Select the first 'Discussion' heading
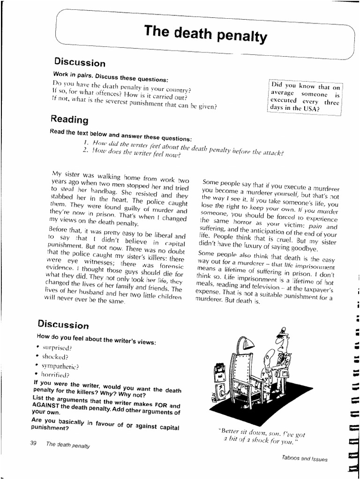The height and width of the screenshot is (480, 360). click(80, 62)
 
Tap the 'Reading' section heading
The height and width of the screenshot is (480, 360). click(69, 119)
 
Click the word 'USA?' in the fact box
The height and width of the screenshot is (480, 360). click(310, 109)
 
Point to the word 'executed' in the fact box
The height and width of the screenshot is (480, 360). click(284, 100)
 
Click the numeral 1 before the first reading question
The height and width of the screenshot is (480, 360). click(86, 142)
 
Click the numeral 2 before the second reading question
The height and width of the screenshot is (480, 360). click(85, 150)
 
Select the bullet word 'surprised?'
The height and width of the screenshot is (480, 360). click(57, 348)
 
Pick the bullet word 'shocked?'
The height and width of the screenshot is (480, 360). click(55, 357)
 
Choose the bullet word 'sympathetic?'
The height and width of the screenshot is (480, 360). click(60, 366)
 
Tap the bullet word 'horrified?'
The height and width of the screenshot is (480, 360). click(55, 375)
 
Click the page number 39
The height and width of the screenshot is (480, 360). click(33, 443)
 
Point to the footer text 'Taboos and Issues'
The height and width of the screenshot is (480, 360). click(304, 458)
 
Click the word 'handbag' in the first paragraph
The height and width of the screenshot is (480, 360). click(90, 189)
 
